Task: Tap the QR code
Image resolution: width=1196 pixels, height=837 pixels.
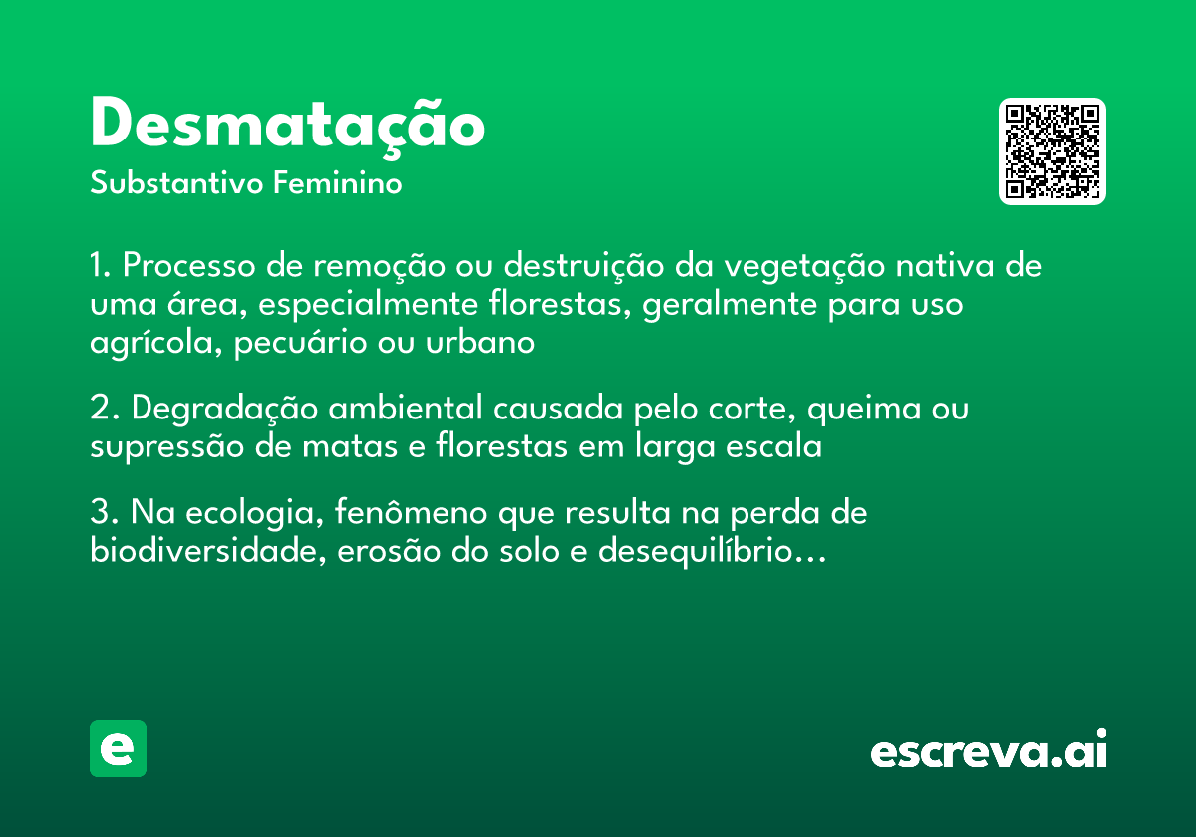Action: [1052, 151]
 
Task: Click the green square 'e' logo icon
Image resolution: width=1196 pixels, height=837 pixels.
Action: [118, 748]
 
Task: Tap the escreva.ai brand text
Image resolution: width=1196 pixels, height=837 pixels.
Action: [989, 751]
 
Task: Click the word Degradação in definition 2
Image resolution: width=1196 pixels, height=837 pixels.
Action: [225, 409]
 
